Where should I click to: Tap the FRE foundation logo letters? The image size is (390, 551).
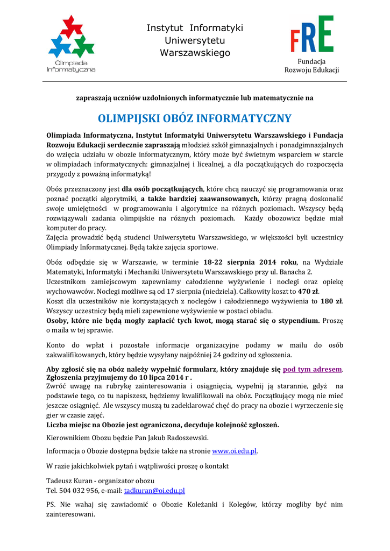[x=312, y=34]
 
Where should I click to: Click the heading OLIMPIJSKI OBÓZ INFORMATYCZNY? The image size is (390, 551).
[x=194, y=118]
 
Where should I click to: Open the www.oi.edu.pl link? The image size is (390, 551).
[x=235, y=451]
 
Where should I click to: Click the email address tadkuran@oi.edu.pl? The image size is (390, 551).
[x=154, y=491]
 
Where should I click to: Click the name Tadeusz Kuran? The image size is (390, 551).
[x=67, y=481]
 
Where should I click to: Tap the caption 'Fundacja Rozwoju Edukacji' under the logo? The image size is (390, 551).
[x=311, y=66]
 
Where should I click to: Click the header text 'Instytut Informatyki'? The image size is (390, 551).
[x=195, y=28]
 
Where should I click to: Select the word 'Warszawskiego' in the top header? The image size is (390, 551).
[x=195, y=53]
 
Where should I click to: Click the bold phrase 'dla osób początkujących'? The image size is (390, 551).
[x=162, y=189]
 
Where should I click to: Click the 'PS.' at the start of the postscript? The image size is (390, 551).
[x=52, y=505]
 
